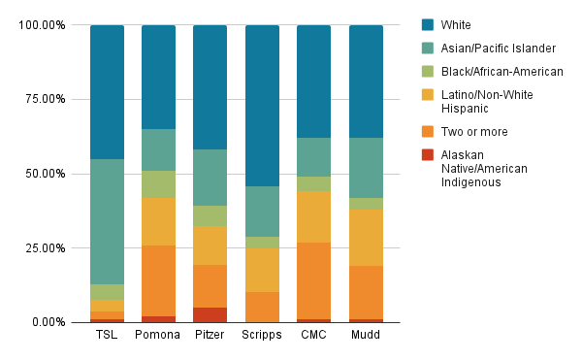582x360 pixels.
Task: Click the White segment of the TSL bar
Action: tap(107, 92)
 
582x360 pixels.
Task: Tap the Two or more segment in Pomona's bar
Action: tap(158, 280)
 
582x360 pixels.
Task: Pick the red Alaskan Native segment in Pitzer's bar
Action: tap(210, 314)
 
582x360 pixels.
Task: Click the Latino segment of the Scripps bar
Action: tap(261, 270)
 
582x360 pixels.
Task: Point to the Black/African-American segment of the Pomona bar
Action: tap(158, 183)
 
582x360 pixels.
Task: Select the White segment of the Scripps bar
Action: tap(261, 106)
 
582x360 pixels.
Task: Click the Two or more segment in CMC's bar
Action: tap(313, 280)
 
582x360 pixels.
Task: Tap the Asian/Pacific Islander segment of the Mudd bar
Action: tap(365, 168)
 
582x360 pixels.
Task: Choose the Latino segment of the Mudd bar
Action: tap(365, 238)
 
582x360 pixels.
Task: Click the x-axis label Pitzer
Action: tap(210, 336)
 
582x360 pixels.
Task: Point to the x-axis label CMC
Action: tap(313, 336)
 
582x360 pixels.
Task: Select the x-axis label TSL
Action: tap(107, 336)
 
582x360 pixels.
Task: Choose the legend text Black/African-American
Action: tap(501, 71)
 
